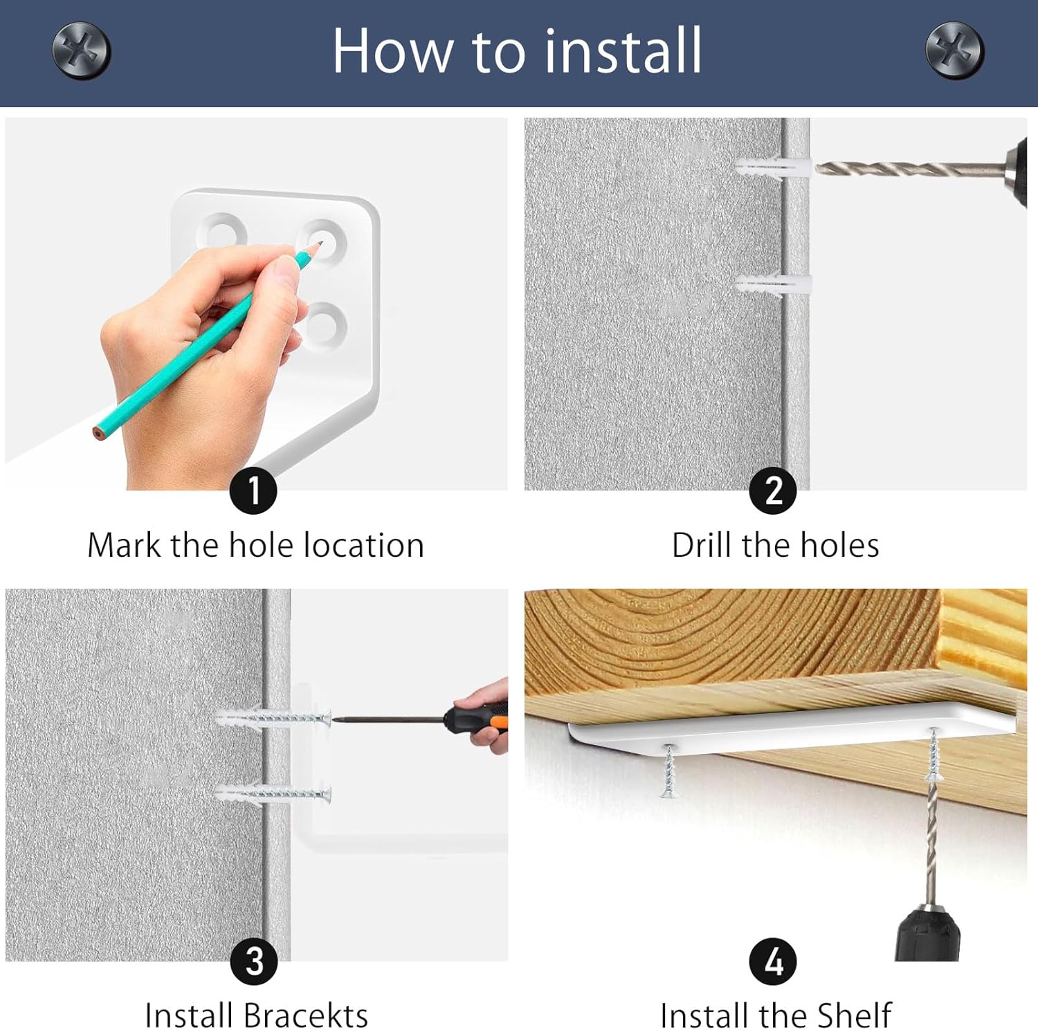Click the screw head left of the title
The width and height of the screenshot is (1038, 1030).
[82, 50]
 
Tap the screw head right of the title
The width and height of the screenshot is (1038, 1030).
[955, 50]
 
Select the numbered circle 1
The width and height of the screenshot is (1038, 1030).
[253, 490]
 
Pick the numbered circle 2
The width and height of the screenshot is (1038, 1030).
[773, 490]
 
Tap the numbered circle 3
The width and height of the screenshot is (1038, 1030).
[254, 962]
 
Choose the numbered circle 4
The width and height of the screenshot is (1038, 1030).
[773, 962]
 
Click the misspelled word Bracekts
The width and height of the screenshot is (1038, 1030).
[305, 1016]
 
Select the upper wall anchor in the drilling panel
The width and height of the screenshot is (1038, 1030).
[772, 167]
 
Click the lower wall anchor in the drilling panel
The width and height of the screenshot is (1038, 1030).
[772, 284]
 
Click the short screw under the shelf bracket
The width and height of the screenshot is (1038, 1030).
[668, 770]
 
